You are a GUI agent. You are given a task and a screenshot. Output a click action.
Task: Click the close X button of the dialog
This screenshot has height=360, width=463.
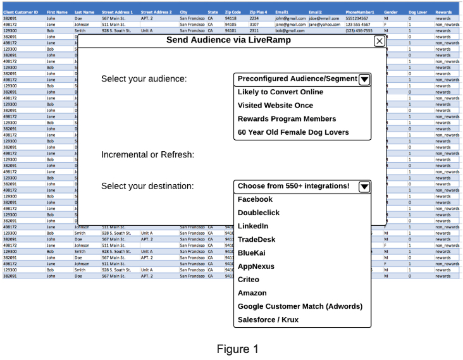(x=379, y=41)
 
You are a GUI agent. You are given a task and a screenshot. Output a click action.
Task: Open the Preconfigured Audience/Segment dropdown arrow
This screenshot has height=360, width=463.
(x=364, y=79)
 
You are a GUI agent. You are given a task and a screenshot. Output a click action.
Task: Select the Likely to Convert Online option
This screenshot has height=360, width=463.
(x=280, y=92)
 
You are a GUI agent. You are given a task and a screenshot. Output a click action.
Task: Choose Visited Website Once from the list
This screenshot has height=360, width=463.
(x=275, y=106)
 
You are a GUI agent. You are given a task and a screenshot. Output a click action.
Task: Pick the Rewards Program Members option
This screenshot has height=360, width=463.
(x=287, y=119)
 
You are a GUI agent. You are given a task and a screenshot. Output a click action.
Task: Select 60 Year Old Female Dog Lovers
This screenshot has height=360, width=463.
(x=293, y=132)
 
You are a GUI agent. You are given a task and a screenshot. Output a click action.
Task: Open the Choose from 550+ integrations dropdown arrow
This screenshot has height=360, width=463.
(x=364, y=186)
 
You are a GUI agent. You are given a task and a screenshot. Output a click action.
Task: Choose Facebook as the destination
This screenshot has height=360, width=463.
(x=255, y=199)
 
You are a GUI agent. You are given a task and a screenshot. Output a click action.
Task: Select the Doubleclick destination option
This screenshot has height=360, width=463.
(x=258, y=213)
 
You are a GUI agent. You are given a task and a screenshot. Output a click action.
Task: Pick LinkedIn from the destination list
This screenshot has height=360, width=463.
(x=253, y=226)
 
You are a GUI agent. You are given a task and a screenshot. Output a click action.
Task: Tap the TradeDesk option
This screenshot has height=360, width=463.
(x=257, y=239)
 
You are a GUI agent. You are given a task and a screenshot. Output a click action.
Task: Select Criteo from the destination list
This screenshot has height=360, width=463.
(x=249, y=279)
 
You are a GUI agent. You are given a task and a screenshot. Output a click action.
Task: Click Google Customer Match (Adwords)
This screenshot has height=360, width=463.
(x=300, y=306)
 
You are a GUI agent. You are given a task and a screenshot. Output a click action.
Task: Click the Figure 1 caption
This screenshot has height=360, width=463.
(x=237, y=349)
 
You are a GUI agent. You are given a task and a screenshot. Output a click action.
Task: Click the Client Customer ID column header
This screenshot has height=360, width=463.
(x=21, y=12)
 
